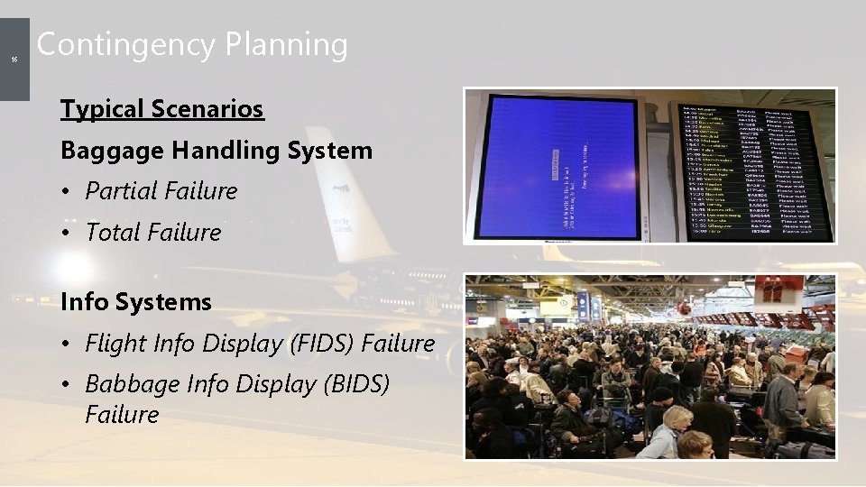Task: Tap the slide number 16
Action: [x=14, y=60]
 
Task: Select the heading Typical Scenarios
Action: [x=161, y=109]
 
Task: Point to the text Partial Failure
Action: [x=161, y=191]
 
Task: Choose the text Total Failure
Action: [x=152, y=233]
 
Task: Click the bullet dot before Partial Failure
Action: [x=69, y=192]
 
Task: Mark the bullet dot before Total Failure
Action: [x=69, y=234]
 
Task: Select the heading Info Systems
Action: [x=135, y=302]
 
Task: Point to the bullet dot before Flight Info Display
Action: [x=69, y=345]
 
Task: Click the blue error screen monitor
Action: [x=559, y=167]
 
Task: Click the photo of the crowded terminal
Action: [x=649, y=365]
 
